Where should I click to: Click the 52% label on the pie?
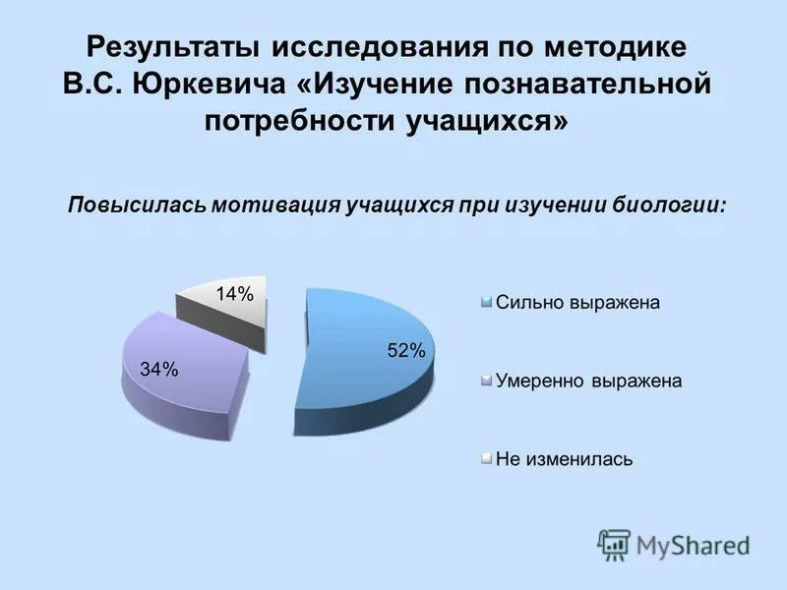pyautogui.click(x=404, y=350)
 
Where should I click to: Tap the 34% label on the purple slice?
pyautogui.click(x=159, y=370)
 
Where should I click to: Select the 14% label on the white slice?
pyautogui.click(x=235, y=293)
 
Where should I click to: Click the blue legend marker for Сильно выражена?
pyautogui.click(x=487, y=303)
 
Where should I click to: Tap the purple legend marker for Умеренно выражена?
pyautogui.click(x=487, y=381)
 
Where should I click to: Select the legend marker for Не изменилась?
pyautogui.click(x=487, y=459)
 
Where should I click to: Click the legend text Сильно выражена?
pyautogui.click(x=577, y=303)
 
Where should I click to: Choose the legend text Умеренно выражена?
pyautogui.click(x=588, y=381)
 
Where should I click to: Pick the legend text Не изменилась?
pyautogui.click(x=564, y=459)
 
